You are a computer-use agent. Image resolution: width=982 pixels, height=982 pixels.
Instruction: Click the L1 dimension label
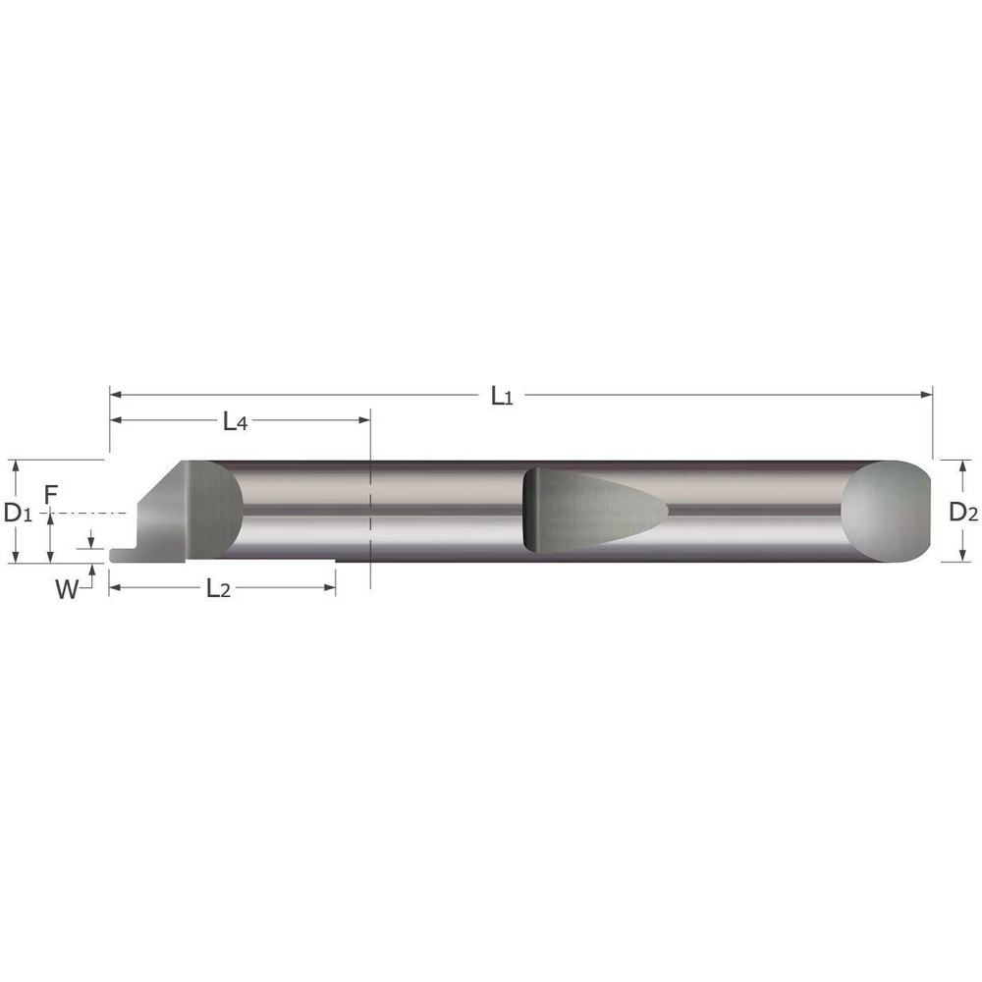pyautogui.click(x=502, y=397)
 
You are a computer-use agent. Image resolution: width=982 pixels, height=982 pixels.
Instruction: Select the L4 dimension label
pyautogui.click(x=234, y=422)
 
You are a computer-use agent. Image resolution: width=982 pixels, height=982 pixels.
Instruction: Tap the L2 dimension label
pyautogui.click(x=219, y=589)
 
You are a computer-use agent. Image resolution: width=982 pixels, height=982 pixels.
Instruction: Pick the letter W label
pyautogui.click(x=67, y=589)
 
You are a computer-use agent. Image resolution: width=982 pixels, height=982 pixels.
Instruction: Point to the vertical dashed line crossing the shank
pyautogui.click(x=369, y=511)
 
